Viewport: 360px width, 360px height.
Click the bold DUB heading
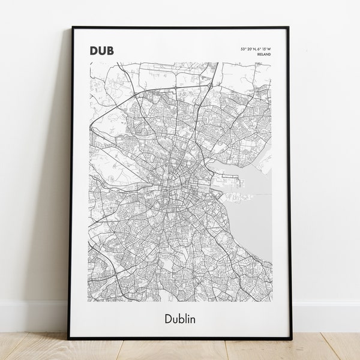coord(101,50)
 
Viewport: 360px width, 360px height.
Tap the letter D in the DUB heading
coord(94,50)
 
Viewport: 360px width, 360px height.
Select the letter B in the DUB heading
coord(110,50)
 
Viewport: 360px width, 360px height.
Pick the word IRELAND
coord(263,54)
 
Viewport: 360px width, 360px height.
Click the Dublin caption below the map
coord(179,318)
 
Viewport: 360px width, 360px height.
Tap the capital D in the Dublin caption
coord(167,318)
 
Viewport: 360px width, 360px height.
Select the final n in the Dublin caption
coord(193,319)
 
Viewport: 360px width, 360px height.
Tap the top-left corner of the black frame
coord(72,27)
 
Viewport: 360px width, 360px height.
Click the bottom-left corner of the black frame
coord(69,338)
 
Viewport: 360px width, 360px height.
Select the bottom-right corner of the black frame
coord(292,338)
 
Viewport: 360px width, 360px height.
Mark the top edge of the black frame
coord(180,27)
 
